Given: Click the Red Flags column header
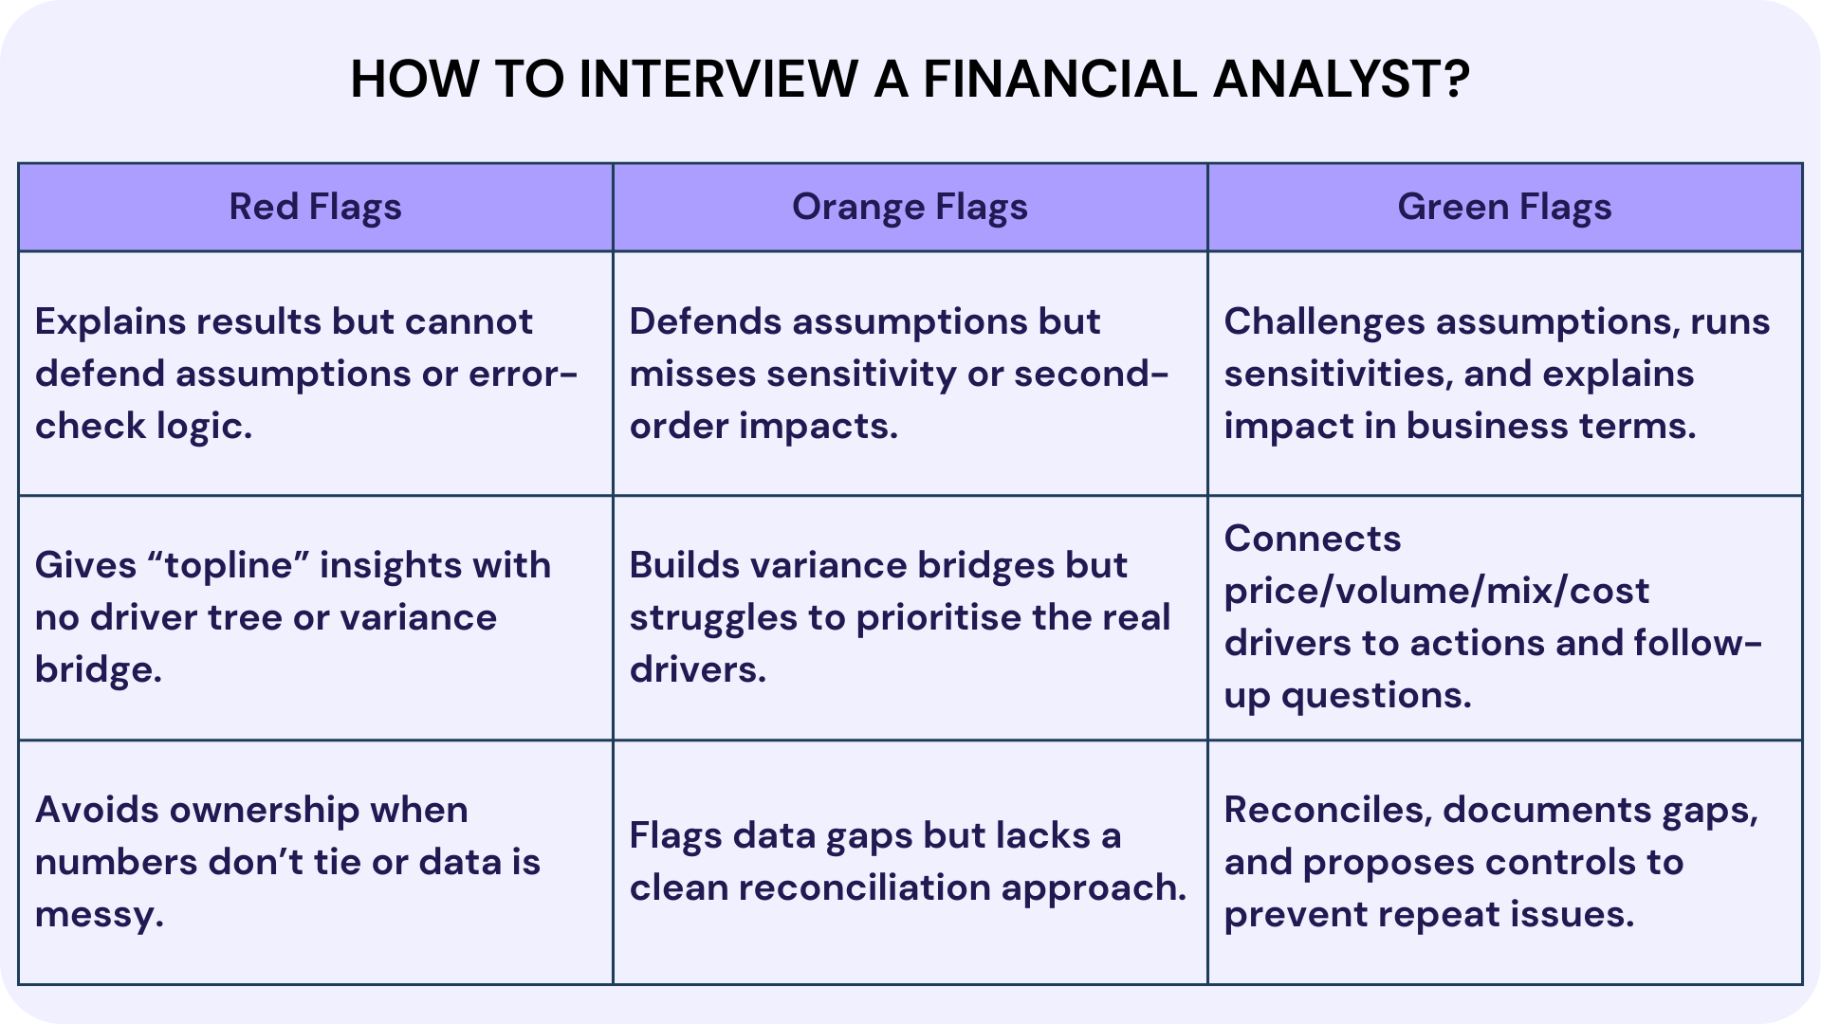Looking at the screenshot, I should point(315,207).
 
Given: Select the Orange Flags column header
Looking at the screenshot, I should point(910,207).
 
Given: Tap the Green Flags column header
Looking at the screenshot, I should point(1504,207).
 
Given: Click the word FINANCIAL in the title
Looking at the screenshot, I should point(1059,79).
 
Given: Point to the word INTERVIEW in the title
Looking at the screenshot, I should point(718,79).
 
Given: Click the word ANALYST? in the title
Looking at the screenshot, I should point(1341,79).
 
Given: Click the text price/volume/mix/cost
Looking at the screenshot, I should point(1436,592).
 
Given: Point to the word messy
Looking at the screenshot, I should point(99,915).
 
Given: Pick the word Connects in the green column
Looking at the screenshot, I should point(1312,539).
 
